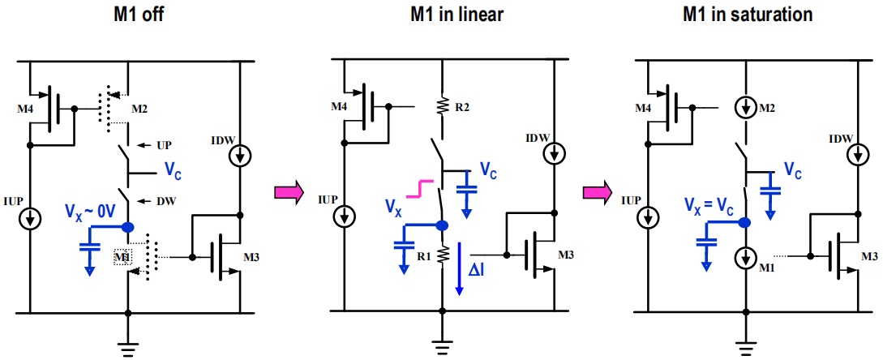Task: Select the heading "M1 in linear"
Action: pyautogui.click(x=457, y=14)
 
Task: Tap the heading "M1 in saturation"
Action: pyautogui.click(x=748, y=14)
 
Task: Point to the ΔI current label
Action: pyautogui.click(x=477, y=272)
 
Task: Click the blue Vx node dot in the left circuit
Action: pyautogui.click(x=128, y=227)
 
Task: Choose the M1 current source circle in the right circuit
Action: pyautogui.click(x=746, y=258)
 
